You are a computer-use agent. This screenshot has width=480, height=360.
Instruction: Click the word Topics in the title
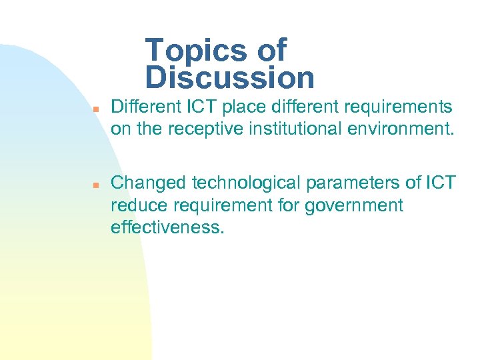point(197,50)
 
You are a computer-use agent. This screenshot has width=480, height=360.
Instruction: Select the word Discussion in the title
point(229,77)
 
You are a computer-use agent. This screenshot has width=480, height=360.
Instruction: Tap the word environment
point(398,129)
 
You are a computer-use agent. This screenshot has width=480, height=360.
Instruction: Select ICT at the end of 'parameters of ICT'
point(441,183)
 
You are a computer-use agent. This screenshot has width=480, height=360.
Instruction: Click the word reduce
point(135,205)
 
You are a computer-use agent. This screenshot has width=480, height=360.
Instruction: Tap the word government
point(354,205)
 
